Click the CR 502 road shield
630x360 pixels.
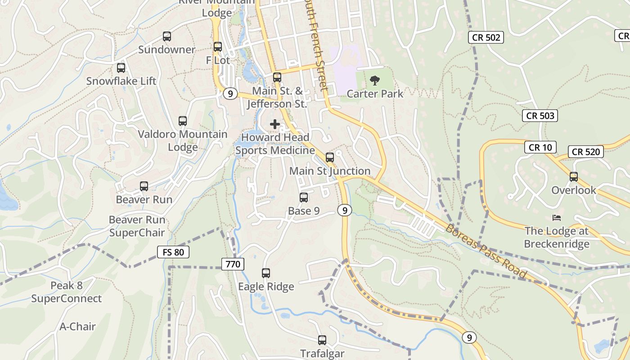click(486, 37)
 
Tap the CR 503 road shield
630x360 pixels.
click(540, 116)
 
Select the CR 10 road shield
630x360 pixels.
click(540, 147)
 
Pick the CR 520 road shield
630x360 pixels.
click(585, 152)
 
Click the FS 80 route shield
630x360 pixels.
click(173, 252)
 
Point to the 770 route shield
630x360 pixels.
click(233, 264)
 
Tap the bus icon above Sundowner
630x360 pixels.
click(167, 36)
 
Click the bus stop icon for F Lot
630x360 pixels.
click(218, 47)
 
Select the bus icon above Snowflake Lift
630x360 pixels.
click(121, 68)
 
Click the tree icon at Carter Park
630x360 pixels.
click(374, 81)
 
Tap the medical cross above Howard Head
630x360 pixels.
click(275, 124)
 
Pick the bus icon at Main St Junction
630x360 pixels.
click(330, 157)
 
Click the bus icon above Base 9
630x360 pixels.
click(304, 198)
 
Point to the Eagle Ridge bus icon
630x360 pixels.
click(266, 273)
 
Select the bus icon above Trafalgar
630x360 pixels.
click(322, 340)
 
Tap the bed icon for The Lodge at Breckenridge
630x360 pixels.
click(557, 218)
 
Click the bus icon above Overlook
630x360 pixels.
click(574, 177)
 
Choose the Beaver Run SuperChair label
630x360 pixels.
click(137, 226)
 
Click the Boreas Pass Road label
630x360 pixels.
click(486, 251)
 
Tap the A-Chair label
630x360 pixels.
click(77, 326)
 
